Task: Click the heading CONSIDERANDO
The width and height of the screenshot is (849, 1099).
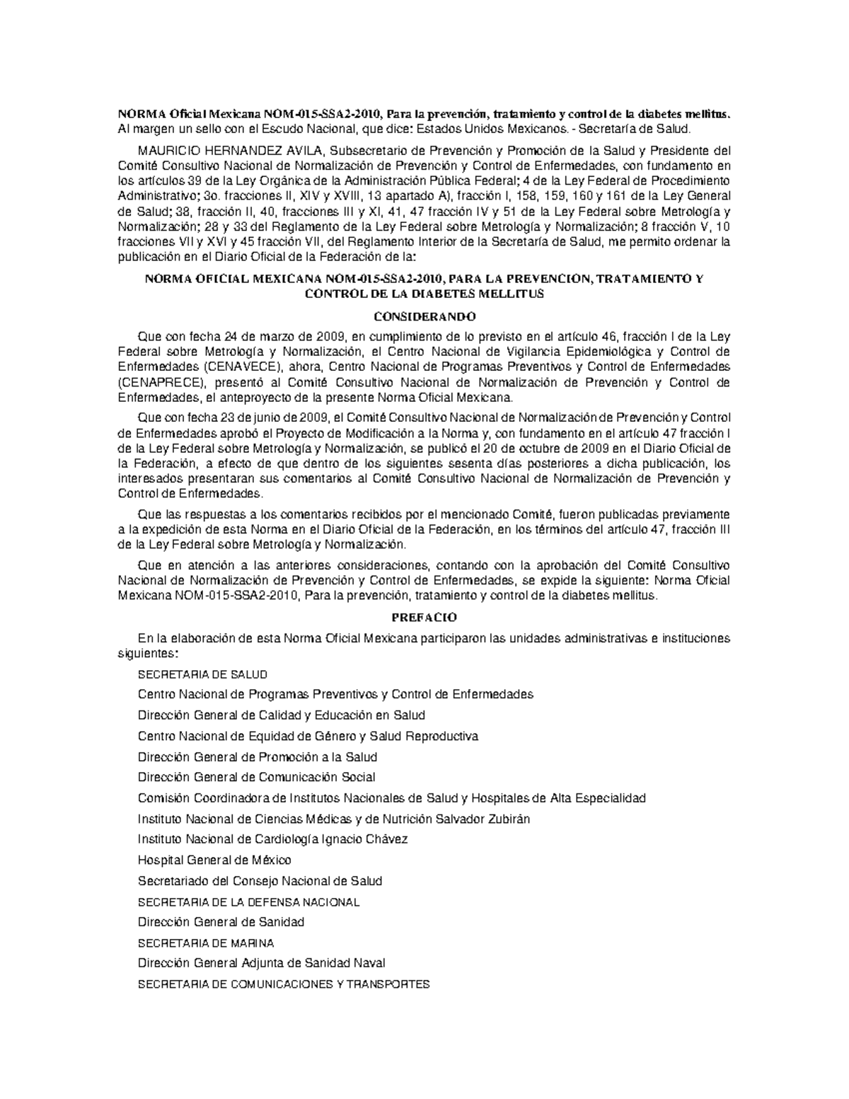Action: [x=424, y=316]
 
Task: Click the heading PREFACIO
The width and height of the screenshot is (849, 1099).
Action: [x=424, y=617]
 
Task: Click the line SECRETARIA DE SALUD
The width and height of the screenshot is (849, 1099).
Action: [x=202, y=674]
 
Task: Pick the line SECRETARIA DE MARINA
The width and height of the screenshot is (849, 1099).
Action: [x=206, y=943]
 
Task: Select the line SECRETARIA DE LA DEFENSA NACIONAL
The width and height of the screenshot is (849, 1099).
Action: [x=248, y=902]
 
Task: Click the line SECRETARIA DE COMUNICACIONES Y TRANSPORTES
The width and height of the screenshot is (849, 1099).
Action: [x=283, y=984]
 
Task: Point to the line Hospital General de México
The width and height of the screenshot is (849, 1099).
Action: [x=214, y=860]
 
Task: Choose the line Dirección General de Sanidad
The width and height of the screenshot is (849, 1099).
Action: [x=221, y=922]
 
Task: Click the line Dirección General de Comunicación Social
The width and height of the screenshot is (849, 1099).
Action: [x=256, y=777]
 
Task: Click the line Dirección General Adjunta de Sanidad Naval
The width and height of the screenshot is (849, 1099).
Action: [x=261, y=963]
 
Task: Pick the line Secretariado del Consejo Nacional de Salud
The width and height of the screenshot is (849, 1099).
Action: [x=260, y=881]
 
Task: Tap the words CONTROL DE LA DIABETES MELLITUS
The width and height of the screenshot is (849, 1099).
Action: [x=424, y=294]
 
